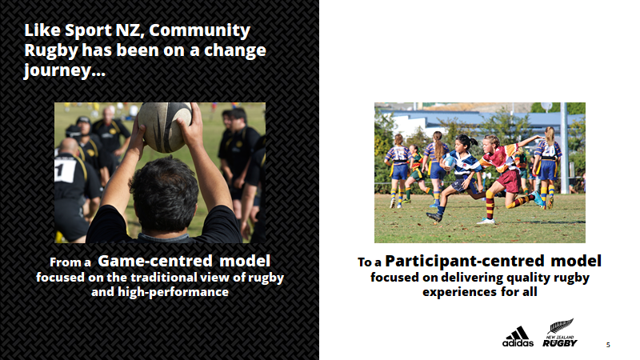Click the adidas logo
coord(518,337)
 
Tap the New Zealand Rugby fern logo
coord(560,333)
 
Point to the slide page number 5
coord(608,345)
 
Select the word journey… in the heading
coord(65,70)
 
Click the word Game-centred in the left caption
coord(155,261)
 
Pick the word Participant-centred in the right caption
coord(465,261)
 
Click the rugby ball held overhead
coord(165,126)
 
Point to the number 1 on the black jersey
coord(60,169)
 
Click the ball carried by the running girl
coord(449,162)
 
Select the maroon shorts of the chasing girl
coord(508,181)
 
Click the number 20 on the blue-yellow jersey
coord(549,151)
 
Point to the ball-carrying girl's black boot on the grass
coord(434,217)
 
